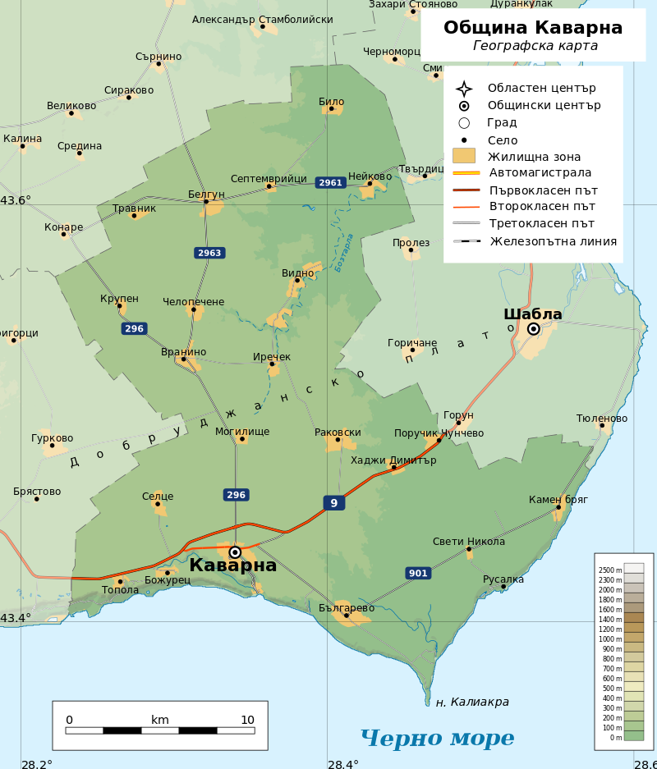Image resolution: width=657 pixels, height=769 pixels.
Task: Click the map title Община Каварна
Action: [533, 28]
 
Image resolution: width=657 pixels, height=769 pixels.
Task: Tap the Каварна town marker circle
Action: [235, 552]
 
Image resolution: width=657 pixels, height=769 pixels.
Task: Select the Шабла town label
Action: [532, 314]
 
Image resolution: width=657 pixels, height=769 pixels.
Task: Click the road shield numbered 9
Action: [333, 503]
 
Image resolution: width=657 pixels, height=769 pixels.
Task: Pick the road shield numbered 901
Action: [418, 573]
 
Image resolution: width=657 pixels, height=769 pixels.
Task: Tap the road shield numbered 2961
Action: [330, 183]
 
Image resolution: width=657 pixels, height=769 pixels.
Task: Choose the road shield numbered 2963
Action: [209, 253]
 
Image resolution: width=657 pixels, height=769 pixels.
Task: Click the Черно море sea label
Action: [437, 738]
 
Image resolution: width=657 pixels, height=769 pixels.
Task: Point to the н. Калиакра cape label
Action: [472, 703]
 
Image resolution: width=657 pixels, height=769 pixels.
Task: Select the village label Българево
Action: [347, 608]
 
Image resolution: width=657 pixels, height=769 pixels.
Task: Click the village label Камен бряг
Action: [558, 500]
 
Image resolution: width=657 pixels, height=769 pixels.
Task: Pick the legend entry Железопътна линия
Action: [553, 241]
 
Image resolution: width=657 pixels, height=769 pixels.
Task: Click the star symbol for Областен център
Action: [464, 89]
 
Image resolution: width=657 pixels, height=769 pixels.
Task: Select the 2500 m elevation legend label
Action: [609, 570]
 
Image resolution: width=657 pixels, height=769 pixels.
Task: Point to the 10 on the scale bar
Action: [247, 721]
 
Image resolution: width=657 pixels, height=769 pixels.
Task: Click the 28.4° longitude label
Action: [343, 764]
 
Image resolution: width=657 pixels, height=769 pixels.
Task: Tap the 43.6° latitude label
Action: [16, 200]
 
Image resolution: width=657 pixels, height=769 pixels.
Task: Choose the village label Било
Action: [331, 102]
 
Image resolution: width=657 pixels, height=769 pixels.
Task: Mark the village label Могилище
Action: [242, 432]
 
